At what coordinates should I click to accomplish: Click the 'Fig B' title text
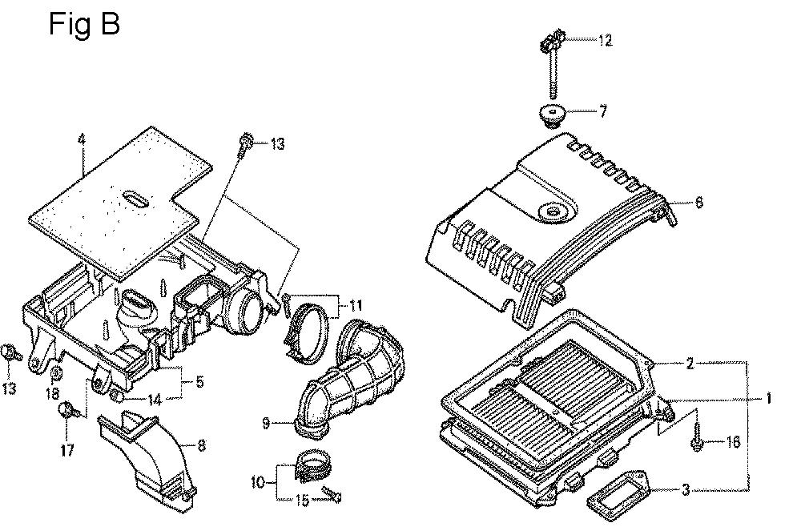pos(84,24)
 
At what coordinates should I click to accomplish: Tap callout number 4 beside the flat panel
pos(81,140)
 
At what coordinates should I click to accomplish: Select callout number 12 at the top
pos(605,40)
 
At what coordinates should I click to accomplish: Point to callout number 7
pos(603,111)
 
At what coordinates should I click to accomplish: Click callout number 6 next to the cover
pos(698,202)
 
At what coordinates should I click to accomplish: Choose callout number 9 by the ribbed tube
pos(266,423)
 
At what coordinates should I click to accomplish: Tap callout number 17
pos(67,450)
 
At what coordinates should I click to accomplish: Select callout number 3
pos(686,489)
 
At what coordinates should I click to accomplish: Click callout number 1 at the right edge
pos(768,398)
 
